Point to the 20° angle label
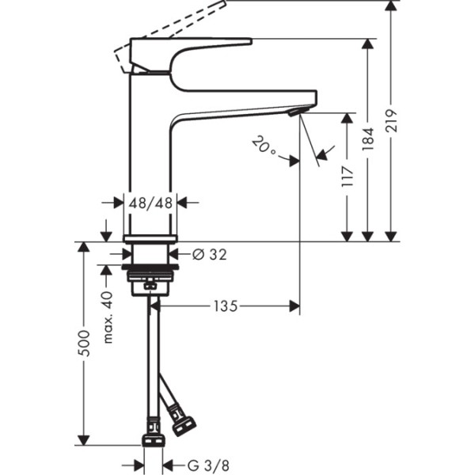coord(264,146)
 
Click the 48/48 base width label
coord(150,203)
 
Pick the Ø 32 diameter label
coord(210,254)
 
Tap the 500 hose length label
coord(85,342)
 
